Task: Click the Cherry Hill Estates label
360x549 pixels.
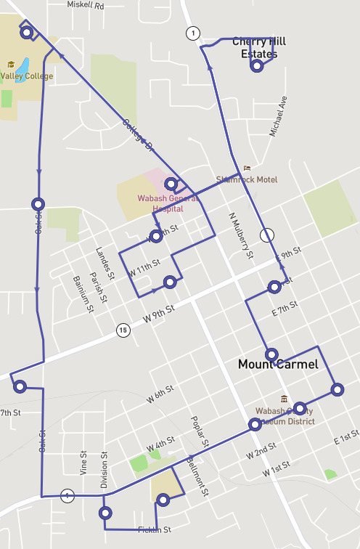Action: coord(254,48)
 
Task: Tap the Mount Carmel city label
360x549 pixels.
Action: coord(278,365)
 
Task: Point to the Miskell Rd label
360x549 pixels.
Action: coord(86,4)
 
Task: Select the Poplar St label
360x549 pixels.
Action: coord(200,431)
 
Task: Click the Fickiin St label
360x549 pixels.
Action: coord(155,529)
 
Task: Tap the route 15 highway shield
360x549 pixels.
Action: coord(122,330)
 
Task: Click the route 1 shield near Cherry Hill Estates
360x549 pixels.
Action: coord(192,33)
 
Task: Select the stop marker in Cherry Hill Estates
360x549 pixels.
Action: coord(256,66)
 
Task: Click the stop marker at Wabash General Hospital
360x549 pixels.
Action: coord(171,184)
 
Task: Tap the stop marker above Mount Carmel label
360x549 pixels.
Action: coord(271,354)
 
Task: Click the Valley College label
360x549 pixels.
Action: coord(26,76)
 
